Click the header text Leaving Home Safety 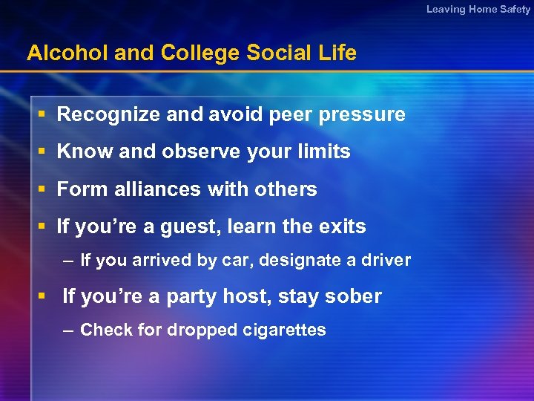tap(478, 9)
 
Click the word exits tap(341, 226)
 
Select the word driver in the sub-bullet tap(386, 260)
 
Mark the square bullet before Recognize tap(42, 114)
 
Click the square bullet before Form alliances tap(42, 189)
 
